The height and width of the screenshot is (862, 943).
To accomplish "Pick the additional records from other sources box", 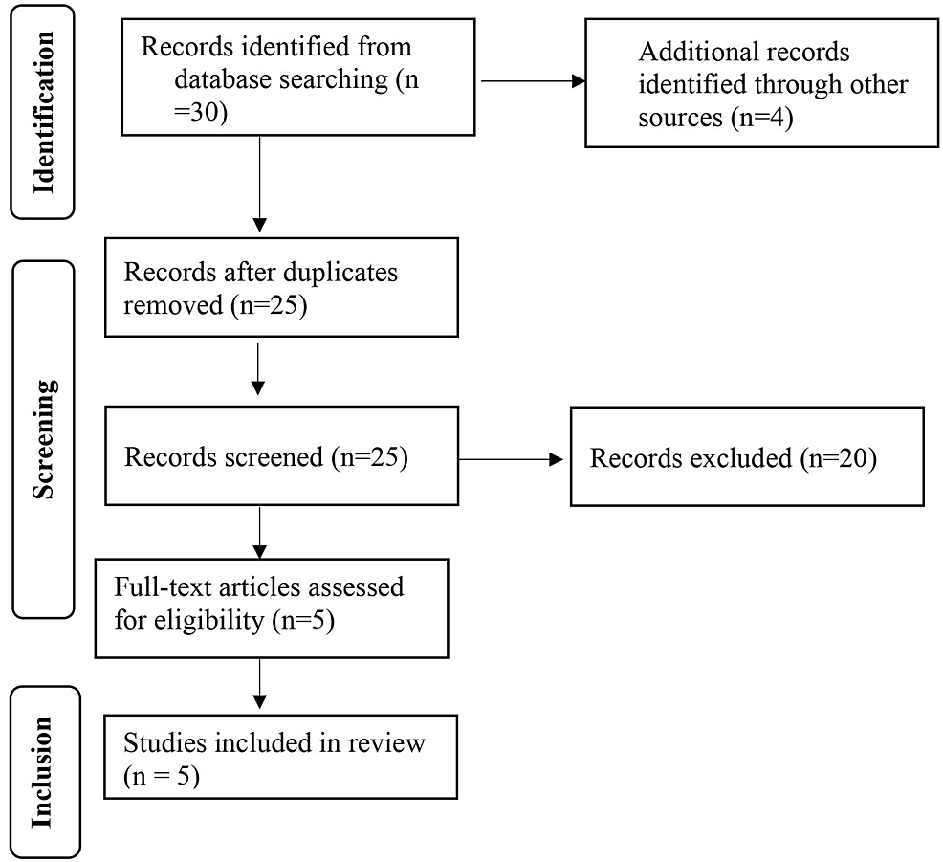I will [761, 83].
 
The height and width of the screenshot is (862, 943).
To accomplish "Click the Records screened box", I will [281, 456].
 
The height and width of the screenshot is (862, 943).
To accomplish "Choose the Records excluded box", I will [746, 456].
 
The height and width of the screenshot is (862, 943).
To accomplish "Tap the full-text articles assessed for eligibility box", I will [272, 608].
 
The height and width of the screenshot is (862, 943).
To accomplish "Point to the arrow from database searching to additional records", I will [532, 81].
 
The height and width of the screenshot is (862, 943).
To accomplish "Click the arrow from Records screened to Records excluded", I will [511, 460].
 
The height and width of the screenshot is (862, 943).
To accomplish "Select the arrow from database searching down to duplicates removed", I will [259, 183].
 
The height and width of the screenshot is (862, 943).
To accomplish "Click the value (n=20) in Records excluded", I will [837, 458].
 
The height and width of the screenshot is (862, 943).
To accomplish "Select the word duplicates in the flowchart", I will [340, 273].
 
